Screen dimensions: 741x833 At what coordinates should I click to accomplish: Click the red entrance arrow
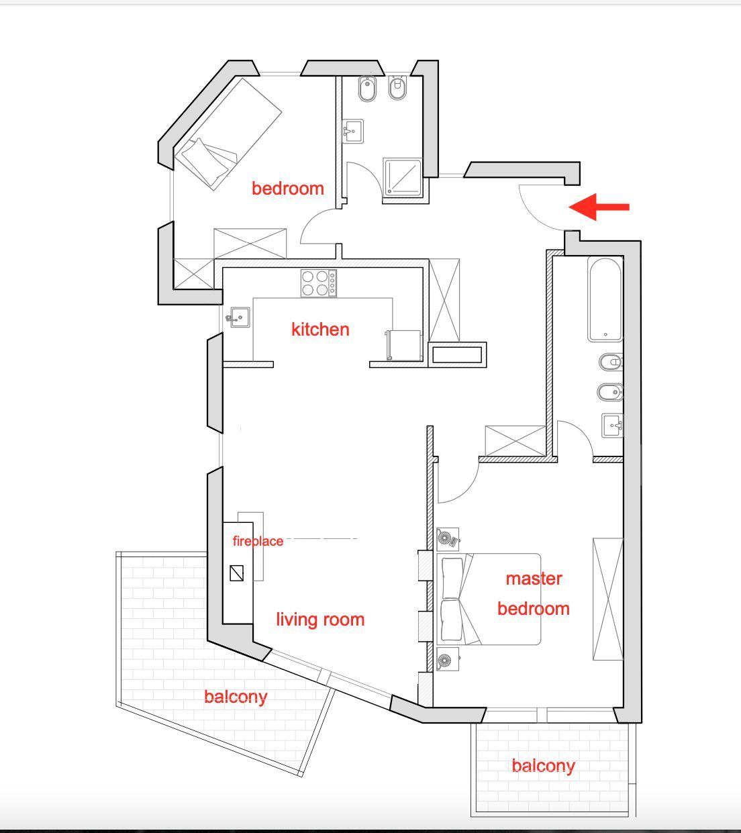(599, 207)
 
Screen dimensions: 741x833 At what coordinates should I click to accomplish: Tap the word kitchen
(320, 330)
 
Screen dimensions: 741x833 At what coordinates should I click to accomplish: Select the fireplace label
(258, 540)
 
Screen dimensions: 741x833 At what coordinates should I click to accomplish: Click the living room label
(320, 619)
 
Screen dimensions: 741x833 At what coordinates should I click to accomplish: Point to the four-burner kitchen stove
(319, 283)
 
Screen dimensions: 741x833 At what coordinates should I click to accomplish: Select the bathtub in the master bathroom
(605, 299)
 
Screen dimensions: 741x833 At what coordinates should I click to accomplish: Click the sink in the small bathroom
(353, 132)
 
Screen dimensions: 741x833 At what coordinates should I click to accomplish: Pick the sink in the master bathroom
(612, 425)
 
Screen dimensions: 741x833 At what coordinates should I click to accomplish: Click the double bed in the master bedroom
(489, 599)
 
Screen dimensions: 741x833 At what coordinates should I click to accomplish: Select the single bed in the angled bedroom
(228, 134)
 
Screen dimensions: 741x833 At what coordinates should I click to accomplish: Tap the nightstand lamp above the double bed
(448, 539)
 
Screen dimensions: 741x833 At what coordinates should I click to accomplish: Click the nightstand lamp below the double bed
(448, 659)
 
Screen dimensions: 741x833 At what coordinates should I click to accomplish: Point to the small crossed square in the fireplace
(236, 573)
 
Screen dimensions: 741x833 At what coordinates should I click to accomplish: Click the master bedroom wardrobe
(608, 599)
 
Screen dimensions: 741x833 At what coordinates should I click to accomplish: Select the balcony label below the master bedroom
(543, 765)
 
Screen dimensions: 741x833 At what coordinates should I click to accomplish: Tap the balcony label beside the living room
(236, 696)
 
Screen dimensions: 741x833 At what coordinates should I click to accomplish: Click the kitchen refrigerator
(403, 346)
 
